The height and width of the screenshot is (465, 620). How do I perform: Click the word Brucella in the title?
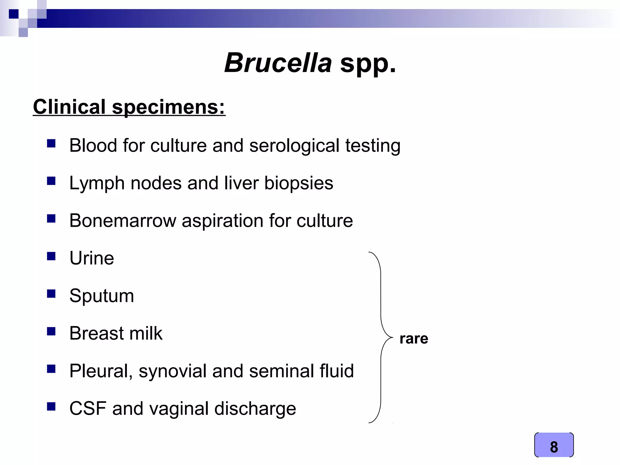(x=278, y=63)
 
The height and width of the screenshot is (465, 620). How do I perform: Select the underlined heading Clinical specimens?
(x=129, y=107)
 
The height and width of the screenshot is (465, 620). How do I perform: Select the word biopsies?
(x=299, y=183)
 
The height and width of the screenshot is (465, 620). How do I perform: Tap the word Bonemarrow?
(x=123, y=220)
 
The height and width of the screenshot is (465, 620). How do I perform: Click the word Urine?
(x=92, y=258)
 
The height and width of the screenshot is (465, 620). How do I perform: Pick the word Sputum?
(x=102, y=296)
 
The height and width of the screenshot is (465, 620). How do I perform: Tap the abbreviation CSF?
(x=88, y=408)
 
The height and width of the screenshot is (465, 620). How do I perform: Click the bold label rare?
(x=414, y=338)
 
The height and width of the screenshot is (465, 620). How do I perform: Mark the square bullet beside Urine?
(x=51, y=256)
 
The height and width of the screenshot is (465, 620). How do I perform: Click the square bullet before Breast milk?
(x=51, y=331)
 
